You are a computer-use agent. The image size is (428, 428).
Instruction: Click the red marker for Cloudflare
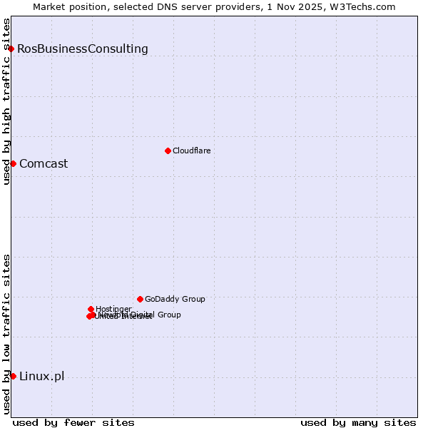[168, 151]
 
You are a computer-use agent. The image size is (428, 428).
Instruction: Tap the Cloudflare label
[192, 151]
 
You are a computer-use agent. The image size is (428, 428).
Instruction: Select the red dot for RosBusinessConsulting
[11, 49]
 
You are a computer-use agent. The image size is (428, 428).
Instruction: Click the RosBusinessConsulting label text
[83, 49]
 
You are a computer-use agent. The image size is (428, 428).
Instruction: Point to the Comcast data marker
[13, 163]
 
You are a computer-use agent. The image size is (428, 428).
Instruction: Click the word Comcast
[44, 164]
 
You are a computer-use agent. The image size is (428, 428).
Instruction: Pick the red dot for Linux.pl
[13, 376]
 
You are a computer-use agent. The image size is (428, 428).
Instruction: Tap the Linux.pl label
[41, 377]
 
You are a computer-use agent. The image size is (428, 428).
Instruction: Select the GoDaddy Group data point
[140, 299]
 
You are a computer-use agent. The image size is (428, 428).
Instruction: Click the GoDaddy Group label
[175, 300]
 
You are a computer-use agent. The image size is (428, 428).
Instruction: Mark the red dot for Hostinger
[91, 309]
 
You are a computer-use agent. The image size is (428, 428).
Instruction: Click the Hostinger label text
[114, 309]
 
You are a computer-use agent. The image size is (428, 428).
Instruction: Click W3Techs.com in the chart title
[366, 6]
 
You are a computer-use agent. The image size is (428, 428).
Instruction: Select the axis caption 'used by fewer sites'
[73, 422]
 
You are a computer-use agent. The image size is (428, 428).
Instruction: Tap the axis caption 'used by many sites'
[358, 422]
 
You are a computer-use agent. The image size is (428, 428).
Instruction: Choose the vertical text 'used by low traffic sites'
[6, 333]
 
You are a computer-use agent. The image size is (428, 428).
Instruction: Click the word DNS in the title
[171, 6]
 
